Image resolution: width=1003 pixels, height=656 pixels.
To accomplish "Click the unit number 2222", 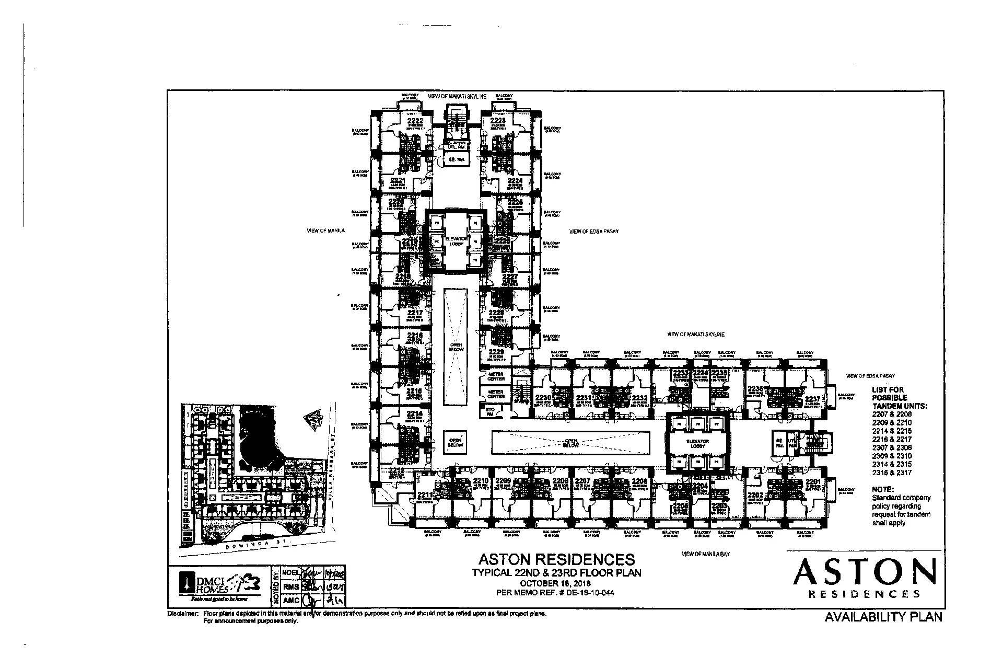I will pos(414,121).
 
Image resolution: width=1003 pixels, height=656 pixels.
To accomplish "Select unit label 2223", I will pos(497,121).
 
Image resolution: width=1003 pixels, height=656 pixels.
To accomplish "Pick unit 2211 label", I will pos(425,494).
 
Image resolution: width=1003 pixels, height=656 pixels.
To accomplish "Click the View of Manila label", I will pos(326,231).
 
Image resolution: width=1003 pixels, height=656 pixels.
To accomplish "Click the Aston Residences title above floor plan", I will pos(556,559).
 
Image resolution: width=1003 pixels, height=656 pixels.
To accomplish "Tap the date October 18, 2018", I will pos(556,583).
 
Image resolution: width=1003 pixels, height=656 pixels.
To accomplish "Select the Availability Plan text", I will pos(883,617).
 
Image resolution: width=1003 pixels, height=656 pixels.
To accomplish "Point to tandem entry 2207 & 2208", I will pos(892,413).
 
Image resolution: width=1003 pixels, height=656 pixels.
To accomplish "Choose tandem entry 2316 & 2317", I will pos(892,473).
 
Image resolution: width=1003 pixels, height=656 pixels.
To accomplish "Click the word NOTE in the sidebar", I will pos(883,489).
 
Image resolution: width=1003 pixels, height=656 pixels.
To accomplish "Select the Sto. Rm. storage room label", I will pos(490,412).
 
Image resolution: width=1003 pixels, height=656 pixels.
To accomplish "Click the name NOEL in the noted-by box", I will pos(290,573).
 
